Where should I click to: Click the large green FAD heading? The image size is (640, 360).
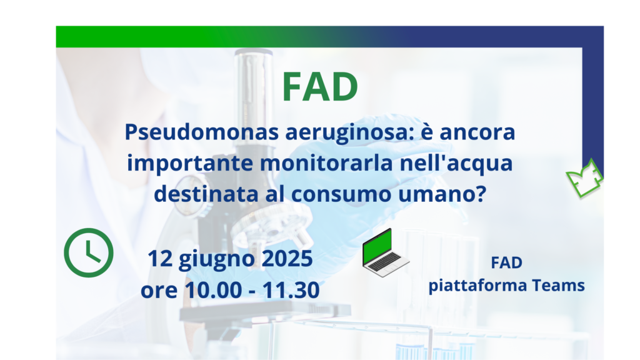(320, 86)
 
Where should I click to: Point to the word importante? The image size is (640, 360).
(190, 164)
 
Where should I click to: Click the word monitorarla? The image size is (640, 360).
(326, 163)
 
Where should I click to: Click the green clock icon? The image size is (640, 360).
(89, 252)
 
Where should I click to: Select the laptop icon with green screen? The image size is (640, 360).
(385, 253)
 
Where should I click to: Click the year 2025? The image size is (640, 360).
(287, 259)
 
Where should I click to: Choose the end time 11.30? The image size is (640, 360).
(291, 290)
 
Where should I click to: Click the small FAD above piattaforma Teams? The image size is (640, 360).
(506, 263)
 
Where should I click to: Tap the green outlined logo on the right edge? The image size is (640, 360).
(584, 178)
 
